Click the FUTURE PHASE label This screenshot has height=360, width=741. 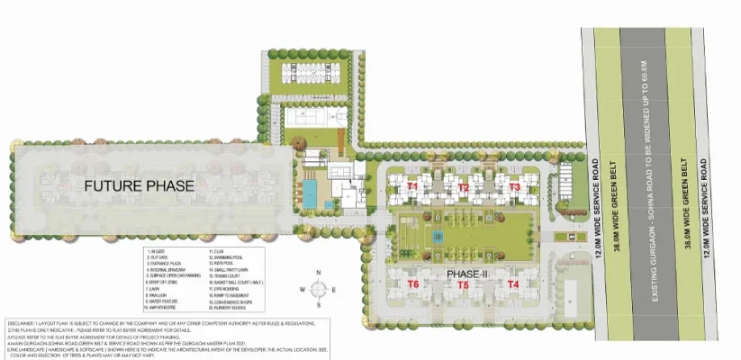(x=139, y=186)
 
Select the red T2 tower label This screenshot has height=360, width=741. (x=463, y=187)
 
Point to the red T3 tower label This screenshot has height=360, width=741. (x=514, y=187)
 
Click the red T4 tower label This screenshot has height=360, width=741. (x=513, y=284)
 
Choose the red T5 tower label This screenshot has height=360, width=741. (x=463, y=284)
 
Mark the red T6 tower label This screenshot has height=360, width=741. (x=413, y=284)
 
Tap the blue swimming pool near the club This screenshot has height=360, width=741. (x=310, y=192)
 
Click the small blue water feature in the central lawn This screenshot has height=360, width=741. (x=438, y=237)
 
